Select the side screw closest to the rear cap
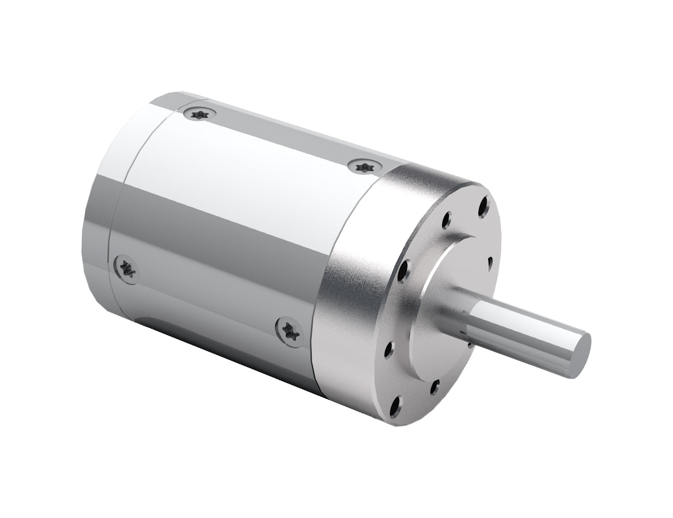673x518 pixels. click(x=126, y=267)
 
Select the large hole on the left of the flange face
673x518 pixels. click(x=405, y=269)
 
